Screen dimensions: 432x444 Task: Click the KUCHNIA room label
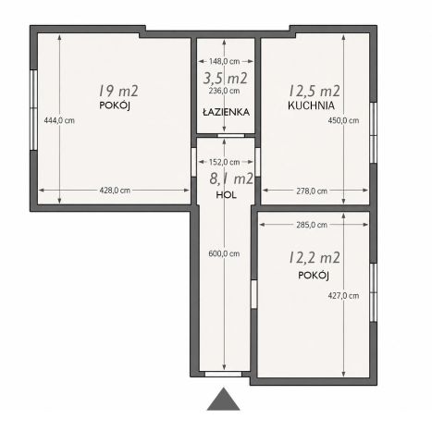pyautogui.click(x=311, y=105)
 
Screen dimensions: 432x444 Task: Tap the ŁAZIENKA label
pyautogui.click(x=226, y=112)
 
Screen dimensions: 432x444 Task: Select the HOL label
pyautogui.click(x=226, y=195)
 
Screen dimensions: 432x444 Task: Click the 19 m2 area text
pyautogui.click(x=118, y=91)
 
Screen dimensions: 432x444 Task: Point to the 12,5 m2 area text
pyautogui.click(x=315, y=91)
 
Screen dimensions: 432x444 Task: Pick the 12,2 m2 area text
pyautogui.click(x=315, y=257)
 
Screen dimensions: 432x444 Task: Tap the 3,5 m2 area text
pyautogui.click(x=226, y=78)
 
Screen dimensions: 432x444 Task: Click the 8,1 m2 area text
pyautogui.click(x=231, y=179)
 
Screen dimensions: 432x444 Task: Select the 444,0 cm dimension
pyautogui.click(x=59, y=120)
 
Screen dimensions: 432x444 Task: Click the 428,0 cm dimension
pyautogui.click(x=115, y=191)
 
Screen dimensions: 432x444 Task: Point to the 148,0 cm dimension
pyautogui.click(x=225, y=61)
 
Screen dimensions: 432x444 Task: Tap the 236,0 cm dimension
pyautogui.click(x=224, y=91)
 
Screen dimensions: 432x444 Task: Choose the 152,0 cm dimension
pyautogui.click(x=225, y=162)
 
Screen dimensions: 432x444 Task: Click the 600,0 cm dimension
pyautogui.click(x=224, y=253)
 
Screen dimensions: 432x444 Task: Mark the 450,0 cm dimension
pyautogui.click(x=343, y=120)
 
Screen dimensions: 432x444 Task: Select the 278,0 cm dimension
pyautogui.click(x=312, y=191)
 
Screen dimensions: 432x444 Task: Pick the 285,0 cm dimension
pyautogui.click(x=312, y=225)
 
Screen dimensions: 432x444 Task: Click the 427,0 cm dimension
pyautogui.click(x=343, y=296)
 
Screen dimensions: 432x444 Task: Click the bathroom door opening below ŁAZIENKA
pyautogui.click(x=231, y=135)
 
